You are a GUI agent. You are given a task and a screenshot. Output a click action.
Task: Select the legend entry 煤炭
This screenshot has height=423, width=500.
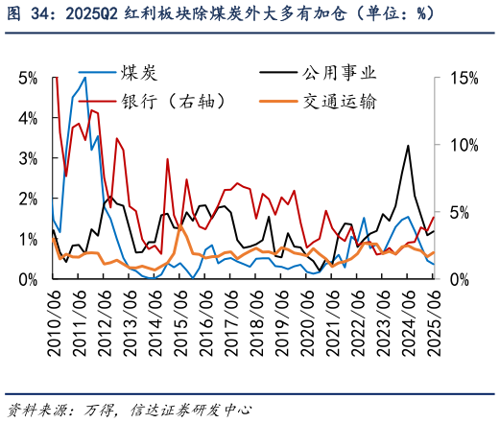140,73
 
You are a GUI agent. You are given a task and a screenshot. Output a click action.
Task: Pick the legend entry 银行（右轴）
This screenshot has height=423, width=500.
175,100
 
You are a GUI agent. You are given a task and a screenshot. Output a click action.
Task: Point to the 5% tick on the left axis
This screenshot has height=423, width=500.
28,77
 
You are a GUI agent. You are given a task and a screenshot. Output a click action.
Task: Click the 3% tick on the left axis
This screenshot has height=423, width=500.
28,157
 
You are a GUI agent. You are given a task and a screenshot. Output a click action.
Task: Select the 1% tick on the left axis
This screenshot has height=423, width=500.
28,238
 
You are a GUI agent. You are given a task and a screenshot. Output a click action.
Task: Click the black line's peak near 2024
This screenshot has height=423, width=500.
409,146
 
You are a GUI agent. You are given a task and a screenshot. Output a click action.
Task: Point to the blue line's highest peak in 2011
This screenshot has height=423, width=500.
84,78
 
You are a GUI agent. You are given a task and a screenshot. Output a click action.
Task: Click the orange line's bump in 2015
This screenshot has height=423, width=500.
180,226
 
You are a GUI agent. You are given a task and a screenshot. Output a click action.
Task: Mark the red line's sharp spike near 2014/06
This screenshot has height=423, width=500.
168,159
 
